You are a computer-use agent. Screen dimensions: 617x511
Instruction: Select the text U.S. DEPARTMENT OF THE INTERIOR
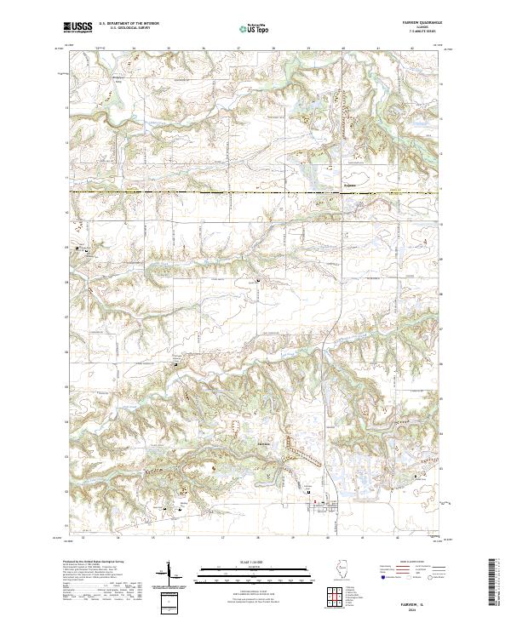coord(135,24)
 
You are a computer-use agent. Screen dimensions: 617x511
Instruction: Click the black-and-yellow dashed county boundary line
coord(213,193)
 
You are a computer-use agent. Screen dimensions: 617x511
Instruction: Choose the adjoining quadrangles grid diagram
coord(335,593)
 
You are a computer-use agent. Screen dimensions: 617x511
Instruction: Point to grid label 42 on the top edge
coord(412,49)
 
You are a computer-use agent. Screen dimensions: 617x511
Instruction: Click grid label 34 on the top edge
coord(134,49)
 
